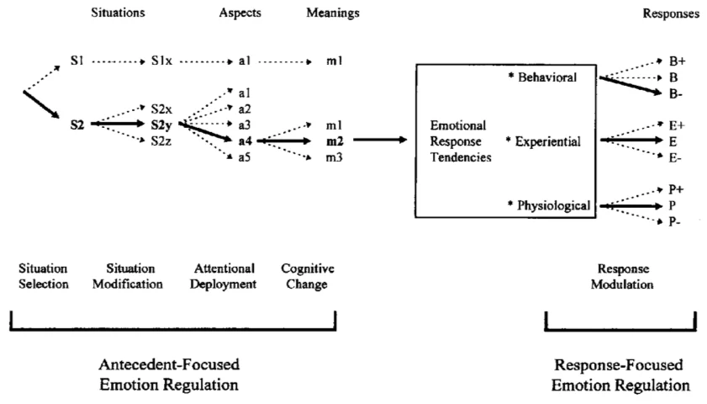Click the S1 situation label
pyautogui.click(x=77, y=61)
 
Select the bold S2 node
pyautogui.click(x=77, y=125)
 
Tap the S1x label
pyautogui.click(x=161, y=61)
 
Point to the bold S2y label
pyautogui.click(x=161, y=125)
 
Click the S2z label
pyautogui.click(x=161, y=141)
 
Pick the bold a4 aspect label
pyautogui.click(x=245, y=141)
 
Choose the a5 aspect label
pyautogui.click(x=245, y=157)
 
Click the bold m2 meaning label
pyautogui.click(x=335, y=141)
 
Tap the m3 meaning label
pyautogui.click(x=334, y=157)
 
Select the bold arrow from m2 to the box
pyautogui.click(x=380, y=140)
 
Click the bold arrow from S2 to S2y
pyautogui.click(x=117, y=123)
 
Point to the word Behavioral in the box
pyautogui.click(x=547, y=77)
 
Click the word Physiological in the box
pyautogui.click(x=553, y=205)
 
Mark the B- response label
pyautogui.click(x=675, y=94)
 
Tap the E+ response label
pyautogui.click(x=677, y=125)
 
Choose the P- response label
pyautogui.click(x=674, y=221)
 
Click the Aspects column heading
pyautogui.click(x=240, y=13)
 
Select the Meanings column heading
pyautogui.click(x=333, y=13)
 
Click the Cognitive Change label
pyautogui.click(x=308, y=276)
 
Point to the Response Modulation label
pyautogui.click(x=622, y=276)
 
